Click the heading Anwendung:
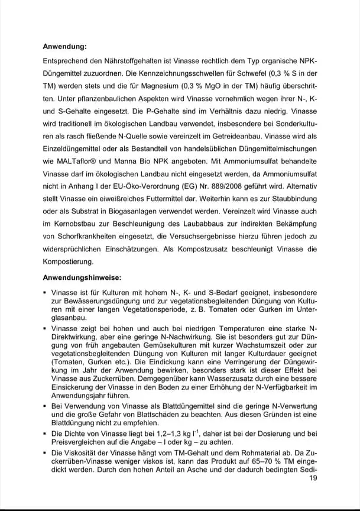click(64, 46)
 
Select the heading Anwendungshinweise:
click(82, 277)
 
